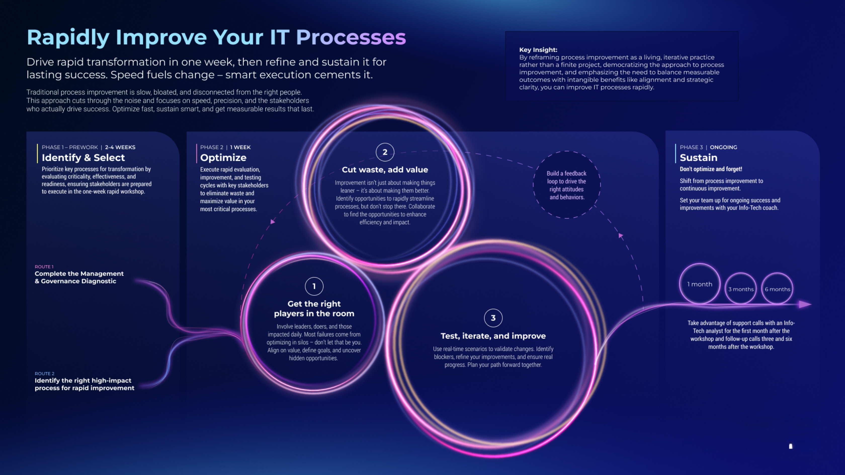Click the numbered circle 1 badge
(314, 286)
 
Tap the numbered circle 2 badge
(385, 152)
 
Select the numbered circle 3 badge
(493, 318)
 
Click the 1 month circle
(700, 284)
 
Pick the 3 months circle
(741, 289)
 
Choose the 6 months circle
(777, 289)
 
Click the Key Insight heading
(538, 50)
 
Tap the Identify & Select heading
(83, 158)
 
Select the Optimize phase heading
(223, 158)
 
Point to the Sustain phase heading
(698, 158)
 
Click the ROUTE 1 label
(44, 266)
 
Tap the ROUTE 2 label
(45, 373)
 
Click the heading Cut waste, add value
(385, 169)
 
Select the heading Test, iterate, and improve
(493, 336)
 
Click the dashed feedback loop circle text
(567, 185)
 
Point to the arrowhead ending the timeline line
(805, 304)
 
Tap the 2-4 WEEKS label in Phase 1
(120, 147)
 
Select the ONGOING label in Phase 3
(723, 147)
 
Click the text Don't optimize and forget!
(711, 169)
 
